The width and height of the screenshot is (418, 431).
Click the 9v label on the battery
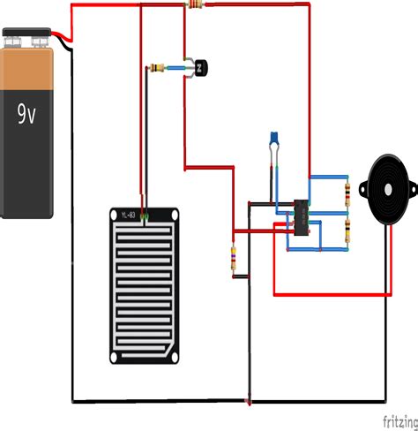tap(27, 113)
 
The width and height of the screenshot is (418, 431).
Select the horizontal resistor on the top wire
tap(196, 5)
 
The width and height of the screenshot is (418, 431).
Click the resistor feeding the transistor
tap(160, 67)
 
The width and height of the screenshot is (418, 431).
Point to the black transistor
tap(201, 66)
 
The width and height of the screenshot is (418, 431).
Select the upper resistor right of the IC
tap(347, 193)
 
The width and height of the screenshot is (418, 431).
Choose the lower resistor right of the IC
tap(347, 231)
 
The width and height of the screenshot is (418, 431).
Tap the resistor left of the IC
tap(233, 258)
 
